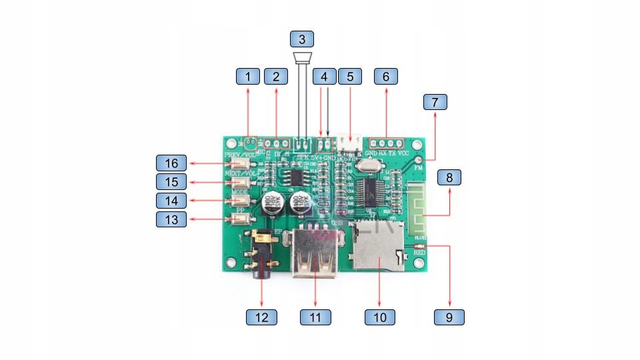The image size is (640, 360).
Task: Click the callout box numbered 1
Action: click(x=248, y=76)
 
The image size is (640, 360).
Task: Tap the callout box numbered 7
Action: click(x=435, y=102)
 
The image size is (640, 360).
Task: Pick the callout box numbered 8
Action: click(x=449, y=177)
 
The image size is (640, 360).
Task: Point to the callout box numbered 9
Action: click(x=449, y=317)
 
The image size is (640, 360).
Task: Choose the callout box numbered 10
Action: click(x=380, y=317)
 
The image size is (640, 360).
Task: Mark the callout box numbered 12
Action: click(x=261, y=317)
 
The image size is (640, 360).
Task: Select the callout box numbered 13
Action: click(x=172, y=219)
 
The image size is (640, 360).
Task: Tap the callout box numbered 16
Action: click(x=172, y=163)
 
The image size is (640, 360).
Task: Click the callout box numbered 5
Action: click(x=350, y=76)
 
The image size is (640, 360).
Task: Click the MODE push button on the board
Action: click(x=242, y=200)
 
